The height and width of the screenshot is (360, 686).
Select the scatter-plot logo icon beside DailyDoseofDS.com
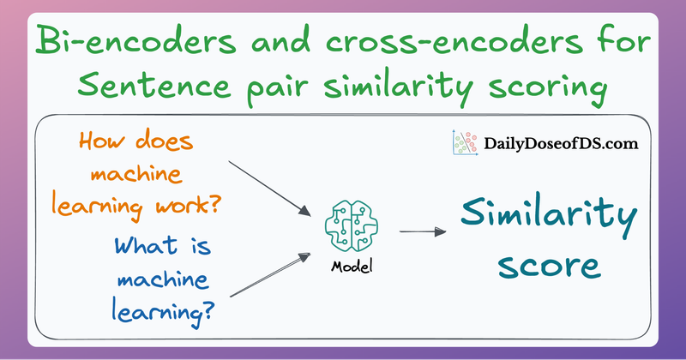[464, 142]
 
